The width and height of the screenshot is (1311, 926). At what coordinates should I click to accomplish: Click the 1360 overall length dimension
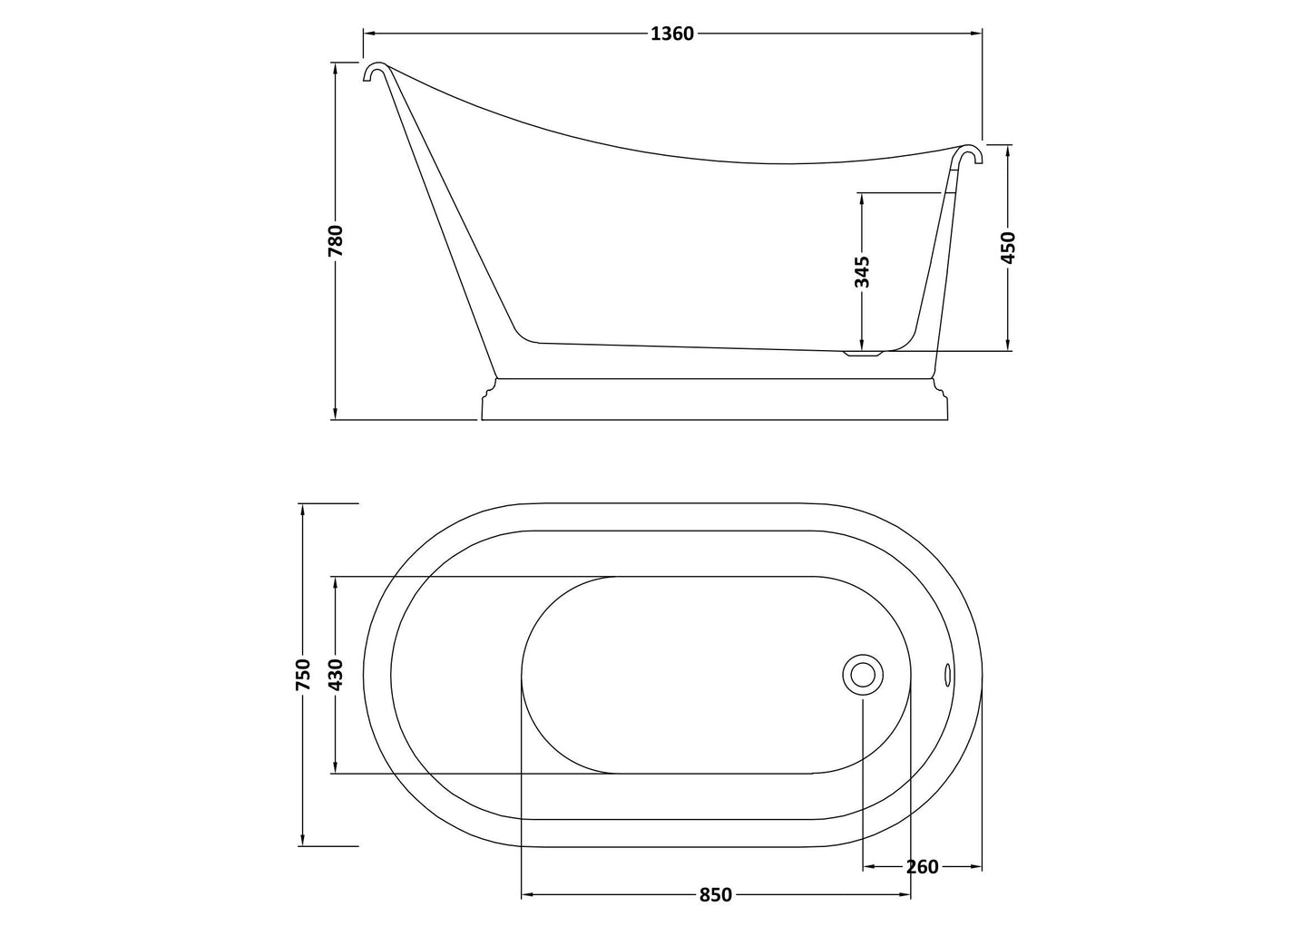point(672,34)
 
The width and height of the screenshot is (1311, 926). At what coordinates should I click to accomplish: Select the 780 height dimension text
point(336,241)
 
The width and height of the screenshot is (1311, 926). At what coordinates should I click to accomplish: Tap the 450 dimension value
point(1008,247)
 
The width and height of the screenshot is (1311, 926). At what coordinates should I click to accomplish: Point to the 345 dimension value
point(862,271)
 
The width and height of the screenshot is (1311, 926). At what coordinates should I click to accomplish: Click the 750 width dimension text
point(303,675)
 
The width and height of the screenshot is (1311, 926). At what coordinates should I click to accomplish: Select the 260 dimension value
point(922,867)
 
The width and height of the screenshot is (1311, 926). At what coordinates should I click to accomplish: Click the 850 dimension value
point(715,895)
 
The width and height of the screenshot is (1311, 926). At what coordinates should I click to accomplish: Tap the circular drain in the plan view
point(861,675)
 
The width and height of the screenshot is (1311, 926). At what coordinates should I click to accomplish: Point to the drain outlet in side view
point(863,353)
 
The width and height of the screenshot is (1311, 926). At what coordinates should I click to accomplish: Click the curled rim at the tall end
point(375,71)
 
